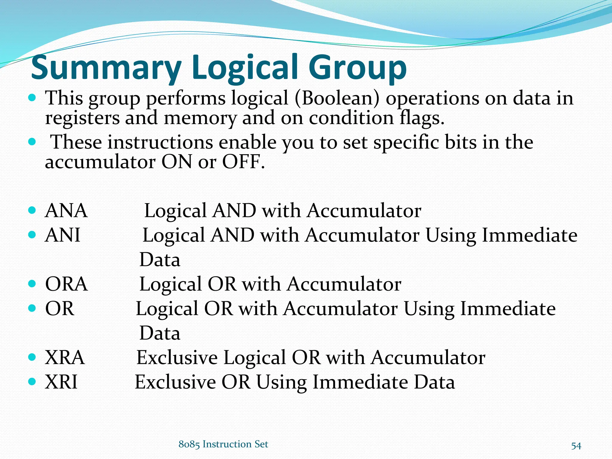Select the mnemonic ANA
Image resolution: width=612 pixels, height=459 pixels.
[x=66, y=211]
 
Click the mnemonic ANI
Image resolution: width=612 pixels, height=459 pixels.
[x=62, y=235]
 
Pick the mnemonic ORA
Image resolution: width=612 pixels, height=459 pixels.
[x=66, y=284]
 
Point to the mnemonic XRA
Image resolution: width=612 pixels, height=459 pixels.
[x=65, y=358]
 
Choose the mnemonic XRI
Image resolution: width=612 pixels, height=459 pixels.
[x=61, y=382]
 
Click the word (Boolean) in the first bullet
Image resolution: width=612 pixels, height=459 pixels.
[x=337, y=98]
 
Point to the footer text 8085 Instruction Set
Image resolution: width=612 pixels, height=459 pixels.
[x=223, y=444]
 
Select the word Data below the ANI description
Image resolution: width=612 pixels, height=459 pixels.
[x=160, y=260]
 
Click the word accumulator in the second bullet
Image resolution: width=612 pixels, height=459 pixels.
[x=100, y=162]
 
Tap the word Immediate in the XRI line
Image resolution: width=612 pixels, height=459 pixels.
[x=360, y=382]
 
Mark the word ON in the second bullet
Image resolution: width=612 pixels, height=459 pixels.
[x=177, y=162]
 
